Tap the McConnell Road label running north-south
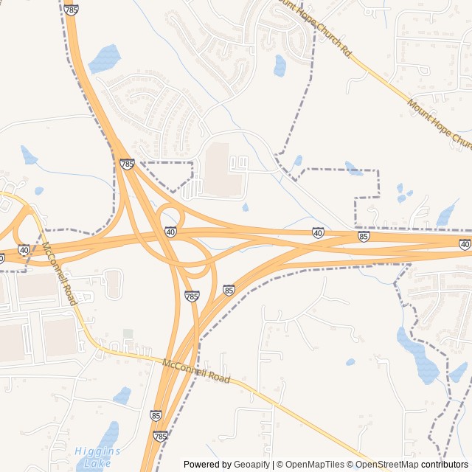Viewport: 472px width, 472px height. tap(59, 274)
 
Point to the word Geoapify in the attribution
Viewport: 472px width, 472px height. tap(252, 465)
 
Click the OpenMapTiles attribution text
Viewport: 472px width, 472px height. tap(310, 465)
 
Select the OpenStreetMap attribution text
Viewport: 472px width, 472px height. tap(386, 465)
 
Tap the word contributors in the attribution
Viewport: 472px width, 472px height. tap(445, 465)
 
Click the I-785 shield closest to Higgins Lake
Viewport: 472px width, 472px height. tap(160, 437)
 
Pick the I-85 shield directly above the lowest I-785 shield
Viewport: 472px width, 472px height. tap(156, 416)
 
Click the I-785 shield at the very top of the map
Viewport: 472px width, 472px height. tap(71, 10)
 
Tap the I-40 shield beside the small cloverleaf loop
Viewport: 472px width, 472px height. tap(170, 232)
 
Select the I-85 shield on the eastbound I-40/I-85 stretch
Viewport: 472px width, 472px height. tap(364, 236)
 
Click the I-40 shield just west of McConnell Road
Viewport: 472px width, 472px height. tap(24, 250)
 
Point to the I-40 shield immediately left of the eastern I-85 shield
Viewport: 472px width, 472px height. tap(318, 232)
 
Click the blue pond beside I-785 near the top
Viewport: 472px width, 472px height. tap(104, 58)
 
